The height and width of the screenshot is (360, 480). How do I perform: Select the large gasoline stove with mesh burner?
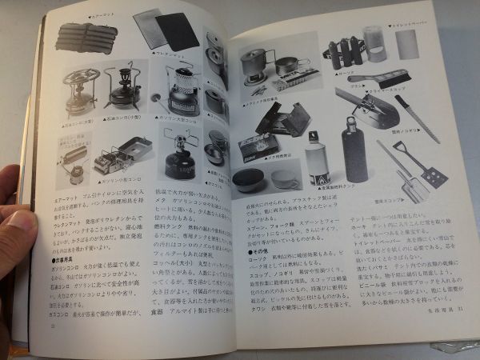[x=181, y=88]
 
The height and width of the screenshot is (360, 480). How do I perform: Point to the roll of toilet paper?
[x=408, y=45]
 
